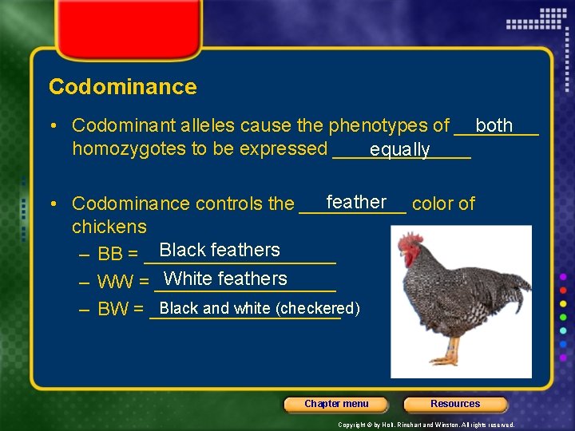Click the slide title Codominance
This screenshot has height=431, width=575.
(x=122, y=87)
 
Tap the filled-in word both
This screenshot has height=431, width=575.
(x=494, y=125)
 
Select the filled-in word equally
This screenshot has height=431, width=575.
(x=399, y=149)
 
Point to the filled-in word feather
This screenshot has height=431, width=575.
(x=356, y=202)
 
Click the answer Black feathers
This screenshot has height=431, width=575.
(x=220, y=250)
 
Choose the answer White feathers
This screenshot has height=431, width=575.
(x=225, y=279)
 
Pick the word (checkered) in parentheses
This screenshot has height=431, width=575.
(x=317, y=308)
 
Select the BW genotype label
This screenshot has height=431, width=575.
(x=113, y=309)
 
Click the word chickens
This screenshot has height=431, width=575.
(x=109, y=227)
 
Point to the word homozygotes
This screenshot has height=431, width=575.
(x=129, y=148)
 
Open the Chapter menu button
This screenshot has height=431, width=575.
(x=336, y=404)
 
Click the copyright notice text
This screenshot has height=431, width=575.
(x=426, y=425)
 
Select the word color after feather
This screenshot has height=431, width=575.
(x=433, y=204)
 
